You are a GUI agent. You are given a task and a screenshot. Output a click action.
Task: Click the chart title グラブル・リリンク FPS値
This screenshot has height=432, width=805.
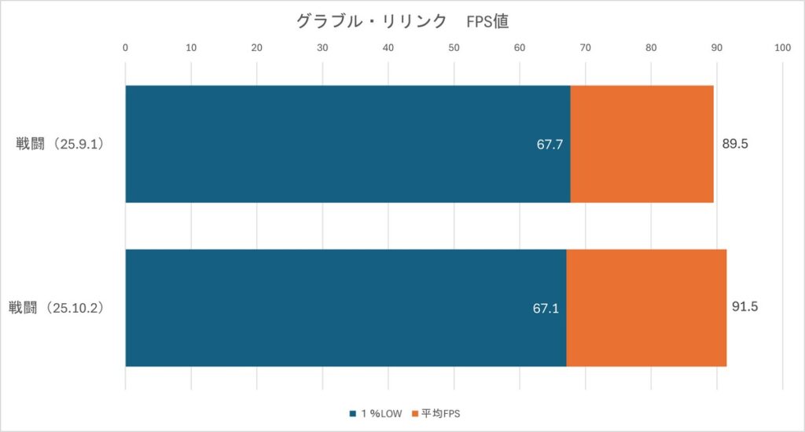tap(402, 22)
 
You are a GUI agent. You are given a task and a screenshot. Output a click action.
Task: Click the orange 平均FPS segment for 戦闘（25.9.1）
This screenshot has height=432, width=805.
tap(641, 144)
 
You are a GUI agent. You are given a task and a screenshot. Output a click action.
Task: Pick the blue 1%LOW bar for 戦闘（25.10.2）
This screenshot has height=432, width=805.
tap(346, 308)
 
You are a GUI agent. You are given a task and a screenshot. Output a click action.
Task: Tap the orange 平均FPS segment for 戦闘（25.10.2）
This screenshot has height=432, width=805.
tap(646, 308)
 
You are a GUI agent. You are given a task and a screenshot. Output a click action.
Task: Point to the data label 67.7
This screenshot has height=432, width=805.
tap(550, 145)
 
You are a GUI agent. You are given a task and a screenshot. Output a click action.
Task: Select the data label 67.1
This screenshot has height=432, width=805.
tap(546, 309)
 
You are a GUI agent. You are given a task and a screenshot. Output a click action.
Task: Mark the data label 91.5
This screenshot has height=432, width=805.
tap(744, 307)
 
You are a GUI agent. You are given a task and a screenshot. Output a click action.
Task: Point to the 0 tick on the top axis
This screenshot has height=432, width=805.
tap(126, 49)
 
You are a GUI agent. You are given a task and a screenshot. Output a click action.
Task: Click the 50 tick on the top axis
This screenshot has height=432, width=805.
tap(454, 49)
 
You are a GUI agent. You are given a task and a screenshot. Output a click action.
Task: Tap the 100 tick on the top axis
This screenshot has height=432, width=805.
tap(781, 49)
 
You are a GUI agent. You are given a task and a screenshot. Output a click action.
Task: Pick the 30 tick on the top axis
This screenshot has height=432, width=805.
tap(322, 49)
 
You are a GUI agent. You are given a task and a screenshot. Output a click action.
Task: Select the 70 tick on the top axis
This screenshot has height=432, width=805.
tap(585, 49)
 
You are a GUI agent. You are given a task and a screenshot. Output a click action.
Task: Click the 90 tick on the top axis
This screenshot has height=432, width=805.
tap(716, 49)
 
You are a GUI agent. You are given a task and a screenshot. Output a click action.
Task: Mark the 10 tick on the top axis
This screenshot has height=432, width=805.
tap(191, 49)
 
